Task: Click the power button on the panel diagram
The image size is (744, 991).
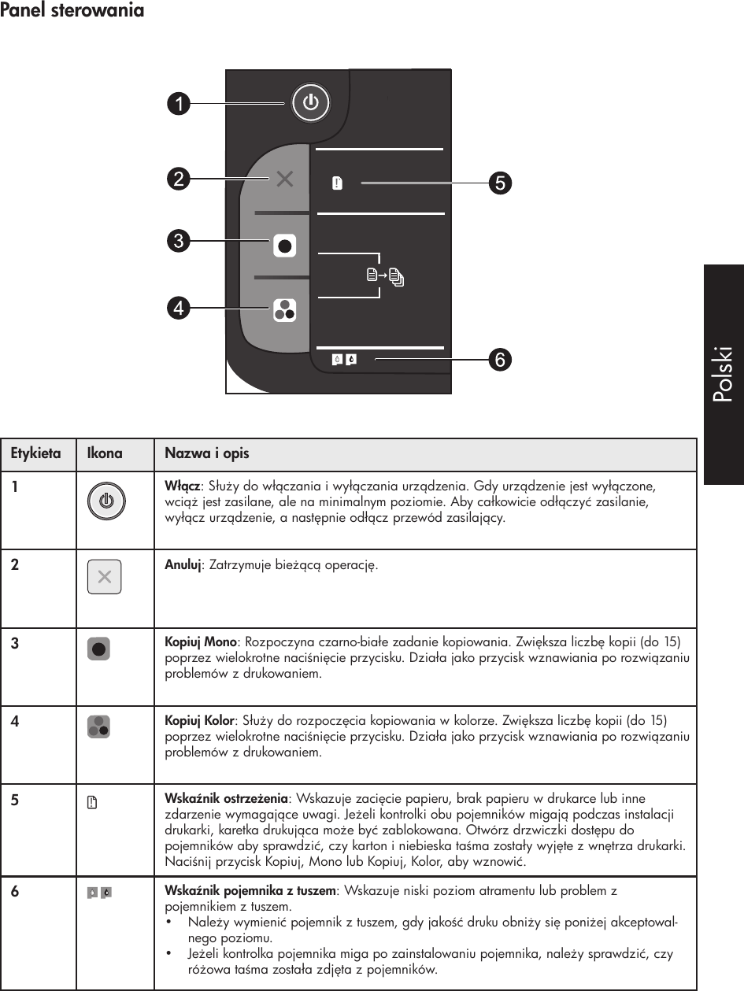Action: (x=311, y=102)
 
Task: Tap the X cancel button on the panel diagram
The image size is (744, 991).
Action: (x=285, y=179)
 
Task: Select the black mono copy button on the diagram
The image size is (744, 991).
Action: (x=285, y=246)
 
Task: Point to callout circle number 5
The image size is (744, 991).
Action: (x=500, y=183)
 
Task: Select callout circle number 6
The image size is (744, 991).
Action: (x=499, y=360)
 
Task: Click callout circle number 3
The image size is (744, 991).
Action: (x=180, y=239)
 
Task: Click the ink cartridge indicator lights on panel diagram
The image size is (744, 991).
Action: (x=343, y=360)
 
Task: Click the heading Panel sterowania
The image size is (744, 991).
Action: (x=72, y=11)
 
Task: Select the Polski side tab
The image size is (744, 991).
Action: (x=723, y=374)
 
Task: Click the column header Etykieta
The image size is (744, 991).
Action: (x=35, y=454)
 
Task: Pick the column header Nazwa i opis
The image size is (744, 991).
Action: (x=206, y=454)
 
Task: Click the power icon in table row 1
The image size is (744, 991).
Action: (x=105, y=501)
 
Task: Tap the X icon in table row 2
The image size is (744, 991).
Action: (x=104, y=578)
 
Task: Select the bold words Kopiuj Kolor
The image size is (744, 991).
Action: (x=199, y=721)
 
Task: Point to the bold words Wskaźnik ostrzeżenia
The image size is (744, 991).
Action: (x=226, y=800)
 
